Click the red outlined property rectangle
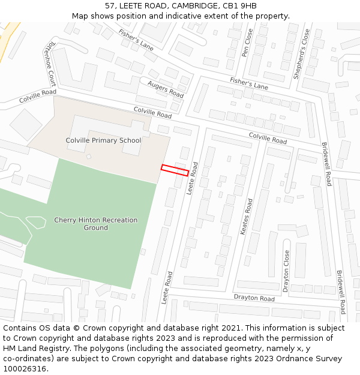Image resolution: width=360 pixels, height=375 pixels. [175, 170]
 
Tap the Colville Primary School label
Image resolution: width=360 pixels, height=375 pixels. [103, 140]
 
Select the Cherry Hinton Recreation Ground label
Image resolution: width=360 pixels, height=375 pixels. [96, 224]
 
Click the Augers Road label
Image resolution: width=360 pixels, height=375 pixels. [166, 89]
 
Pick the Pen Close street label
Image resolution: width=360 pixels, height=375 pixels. [247, 43]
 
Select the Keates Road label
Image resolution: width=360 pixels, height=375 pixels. [246, 216]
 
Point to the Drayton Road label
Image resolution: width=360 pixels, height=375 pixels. [254, 298]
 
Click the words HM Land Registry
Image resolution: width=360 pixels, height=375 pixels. [34, 349]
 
